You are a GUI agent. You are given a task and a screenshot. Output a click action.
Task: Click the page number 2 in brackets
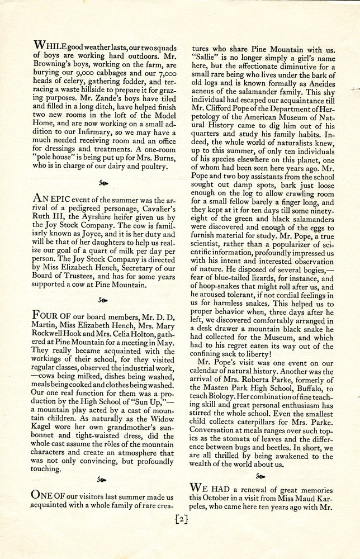tap(180, 518)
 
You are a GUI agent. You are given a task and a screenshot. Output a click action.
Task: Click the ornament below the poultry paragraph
tap(103, 183)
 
